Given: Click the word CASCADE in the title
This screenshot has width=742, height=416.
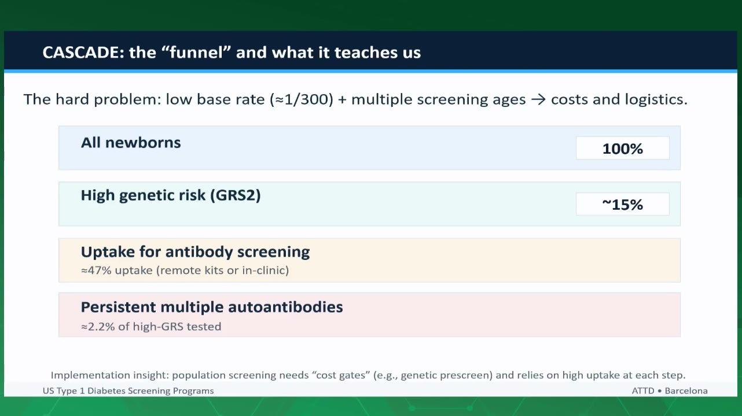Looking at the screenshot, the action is (83, 53).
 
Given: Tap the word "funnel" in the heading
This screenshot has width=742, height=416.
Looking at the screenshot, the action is (198, 52).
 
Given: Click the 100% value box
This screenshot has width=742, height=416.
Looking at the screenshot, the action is (622, 148).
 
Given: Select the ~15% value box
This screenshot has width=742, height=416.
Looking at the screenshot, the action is (622, 204).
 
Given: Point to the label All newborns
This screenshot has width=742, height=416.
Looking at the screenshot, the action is (131, 143).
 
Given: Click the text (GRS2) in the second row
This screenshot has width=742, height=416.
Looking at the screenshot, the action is (236, 195).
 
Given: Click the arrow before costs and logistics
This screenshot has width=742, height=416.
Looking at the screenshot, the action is (538, 99).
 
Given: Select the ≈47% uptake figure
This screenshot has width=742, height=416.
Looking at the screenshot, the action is (96, 270).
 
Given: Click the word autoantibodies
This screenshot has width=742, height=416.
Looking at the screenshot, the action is (285, 307).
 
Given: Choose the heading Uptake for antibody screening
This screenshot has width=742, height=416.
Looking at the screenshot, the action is (196, 252).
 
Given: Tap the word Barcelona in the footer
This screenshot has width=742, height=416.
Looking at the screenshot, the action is (686, 391).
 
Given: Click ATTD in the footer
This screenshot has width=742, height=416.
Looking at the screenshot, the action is (643, 391).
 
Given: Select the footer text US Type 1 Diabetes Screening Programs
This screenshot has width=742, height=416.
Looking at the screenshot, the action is (128, 391).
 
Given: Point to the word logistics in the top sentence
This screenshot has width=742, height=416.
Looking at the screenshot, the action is (656, 99).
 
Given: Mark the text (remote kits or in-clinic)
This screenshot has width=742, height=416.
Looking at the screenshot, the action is (223, 270).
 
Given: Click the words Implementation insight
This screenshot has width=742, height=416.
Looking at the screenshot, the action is (110, 375).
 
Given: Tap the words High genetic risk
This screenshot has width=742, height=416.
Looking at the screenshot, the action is (143, 195).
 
